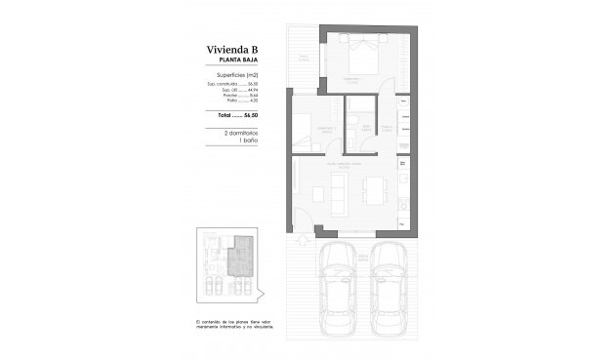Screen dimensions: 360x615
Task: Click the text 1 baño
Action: pos(244,140)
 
